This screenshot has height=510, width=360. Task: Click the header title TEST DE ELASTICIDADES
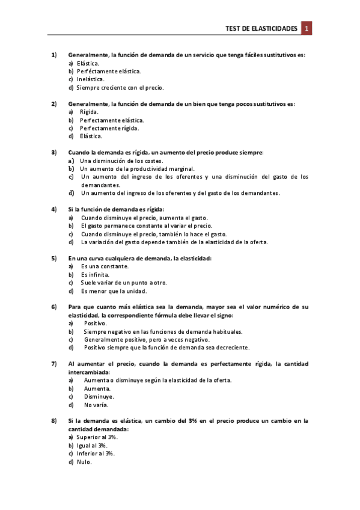coord(261,28)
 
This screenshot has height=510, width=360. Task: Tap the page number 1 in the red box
coord(307,28)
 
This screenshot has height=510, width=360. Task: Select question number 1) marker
coord(53,55)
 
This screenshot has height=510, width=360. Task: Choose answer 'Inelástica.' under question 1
coord(91,79)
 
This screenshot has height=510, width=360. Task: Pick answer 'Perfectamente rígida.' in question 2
coord(109,128)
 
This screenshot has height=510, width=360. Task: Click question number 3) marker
coord(53,152)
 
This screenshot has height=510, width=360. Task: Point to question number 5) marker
coord(53,258)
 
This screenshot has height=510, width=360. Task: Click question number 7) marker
coord(53,364)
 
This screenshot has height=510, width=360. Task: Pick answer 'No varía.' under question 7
coord(96,405)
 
